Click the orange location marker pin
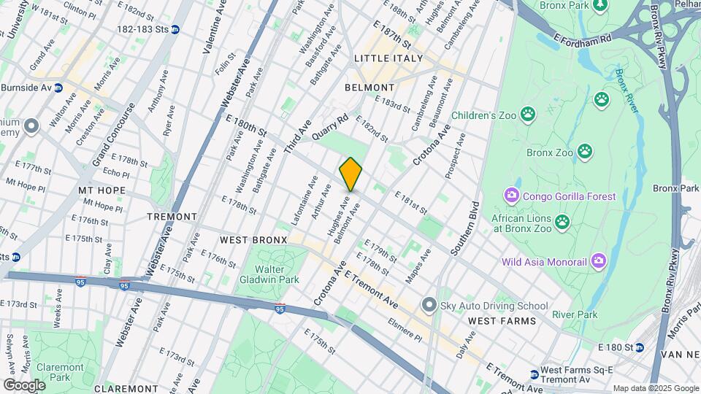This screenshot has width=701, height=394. click(x=350, y=174)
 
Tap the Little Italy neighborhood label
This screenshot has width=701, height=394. click(x=388, y=58)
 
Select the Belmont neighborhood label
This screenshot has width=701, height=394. click(x=374, y=88)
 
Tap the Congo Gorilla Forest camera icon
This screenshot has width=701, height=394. click(x=511, y=196)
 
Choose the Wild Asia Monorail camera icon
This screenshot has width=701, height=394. click(x=599, y=260)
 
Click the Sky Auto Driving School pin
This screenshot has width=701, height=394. click(x=429, y=304)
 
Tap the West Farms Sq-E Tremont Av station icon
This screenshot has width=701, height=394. click(x=534, y=374)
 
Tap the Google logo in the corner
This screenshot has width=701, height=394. click(x=24, y=385)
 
